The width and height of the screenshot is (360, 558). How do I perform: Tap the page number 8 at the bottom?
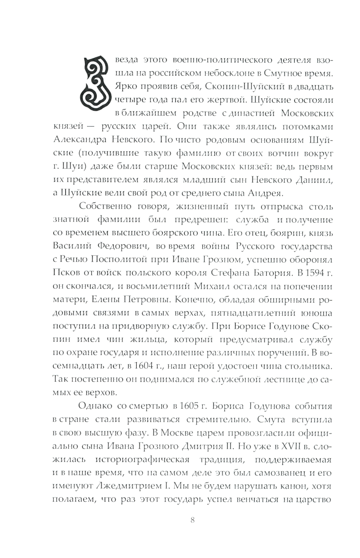coord(192,520)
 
